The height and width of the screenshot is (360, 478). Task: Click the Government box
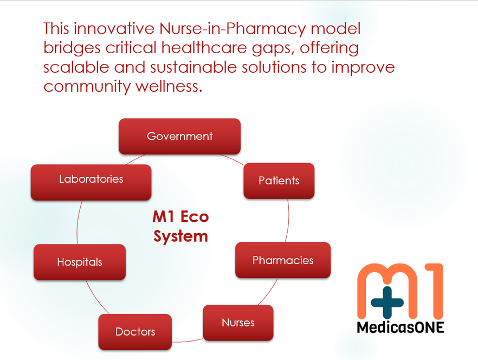coord(179,137)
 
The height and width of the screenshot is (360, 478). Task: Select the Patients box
coord(279,181)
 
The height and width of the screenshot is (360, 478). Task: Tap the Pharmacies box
coord(283,260)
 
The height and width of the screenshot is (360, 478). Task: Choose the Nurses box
coord(238,323)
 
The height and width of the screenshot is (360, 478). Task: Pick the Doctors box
coord(135,332)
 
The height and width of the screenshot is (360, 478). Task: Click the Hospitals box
coord(80,262)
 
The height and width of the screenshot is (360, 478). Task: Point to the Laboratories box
coord(91,183)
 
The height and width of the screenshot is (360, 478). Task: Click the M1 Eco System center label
coord(181,227)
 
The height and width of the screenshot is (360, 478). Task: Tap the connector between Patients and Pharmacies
coord(288,221)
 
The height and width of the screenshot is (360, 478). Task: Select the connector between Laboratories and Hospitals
coord(77,222)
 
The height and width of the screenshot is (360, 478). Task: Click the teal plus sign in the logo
coord(387,303)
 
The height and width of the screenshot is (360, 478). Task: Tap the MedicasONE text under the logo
coord(401,327)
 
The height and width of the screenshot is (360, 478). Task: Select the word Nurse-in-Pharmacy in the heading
coord(232,29)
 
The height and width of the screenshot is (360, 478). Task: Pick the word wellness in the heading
coord(169,86)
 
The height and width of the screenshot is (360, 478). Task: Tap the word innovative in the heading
coord(114,29)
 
